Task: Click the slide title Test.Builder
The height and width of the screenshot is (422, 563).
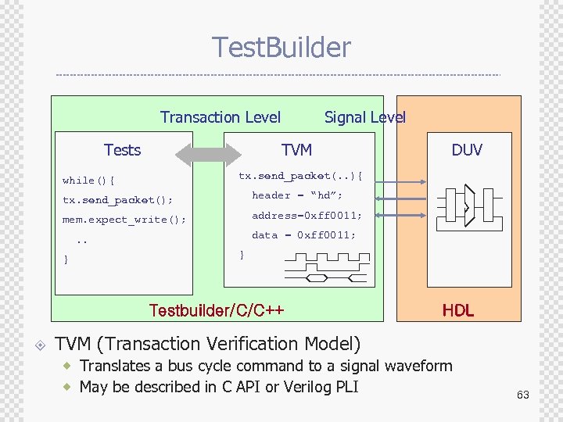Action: tap(281, 48)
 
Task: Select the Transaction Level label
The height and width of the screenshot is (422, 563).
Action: tap(220, 117)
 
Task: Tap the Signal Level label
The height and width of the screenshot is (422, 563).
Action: tap(364, 117)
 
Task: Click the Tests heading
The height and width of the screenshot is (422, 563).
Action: tap(122, 150)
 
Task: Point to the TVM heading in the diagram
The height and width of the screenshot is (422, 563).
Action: tap(296, 150)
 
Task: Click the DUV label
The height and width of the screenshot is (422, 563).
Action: tap(467, 150)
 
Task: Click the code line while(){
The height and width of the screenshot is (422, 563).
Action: tap(88, 181)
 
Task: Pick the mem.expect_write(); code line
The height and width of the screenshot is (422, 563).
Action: tap(124, 220)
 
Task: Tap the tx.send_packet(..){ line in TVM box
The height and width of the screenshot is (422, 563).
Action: tap(300, 176)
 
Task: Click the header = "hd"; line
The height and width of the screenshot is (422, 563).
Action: tap(297, 195)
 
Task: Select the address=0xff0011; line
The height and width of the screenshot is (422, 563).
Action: tap(307, 215)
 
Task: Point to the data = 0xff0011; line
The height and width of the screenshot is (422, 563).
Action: tap(303, 234)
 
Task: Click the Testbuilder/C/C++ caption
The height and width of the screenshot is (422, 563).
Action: tap(216, 310)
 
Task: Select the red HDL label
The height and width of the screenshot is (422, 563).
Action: tap(457, 310)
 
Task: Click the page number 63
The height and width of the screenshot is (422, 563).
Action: tap(522, 395)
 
